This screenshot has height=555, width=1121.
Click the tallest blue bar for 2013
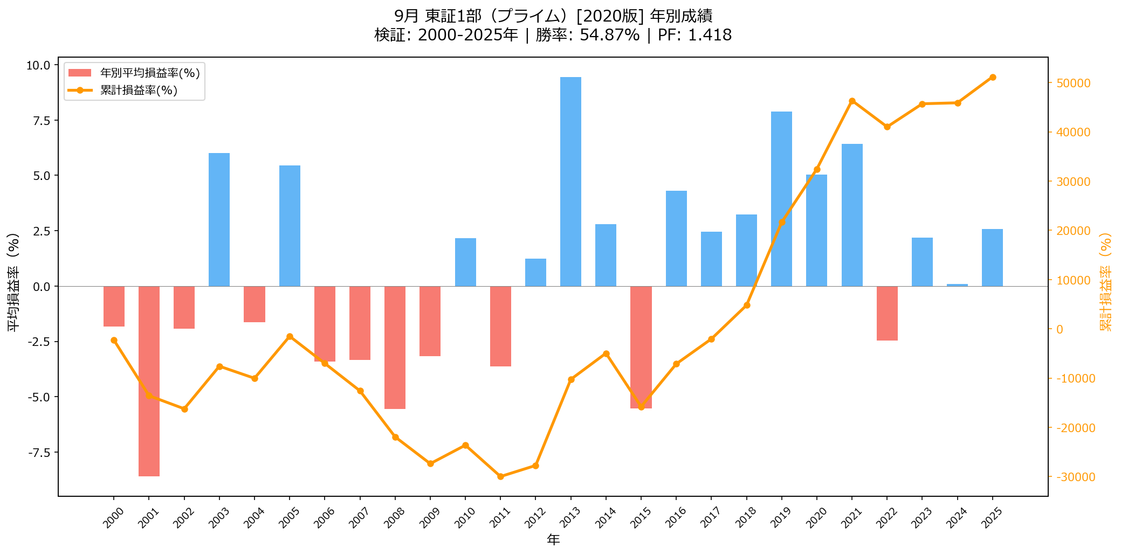point(570,182)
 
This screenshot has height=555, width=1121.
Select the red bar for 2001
point(149,381)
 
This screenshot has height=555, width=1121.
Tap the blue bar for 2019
point(781,199)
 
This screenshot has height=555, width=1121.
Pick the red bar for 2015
point(641,347)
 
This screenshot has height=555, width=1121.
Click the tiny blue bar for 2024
point(957,285)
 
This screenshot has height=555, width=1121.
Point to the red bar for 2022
point(887,313)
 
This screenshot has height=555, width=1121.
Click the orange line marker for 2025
point(993,78)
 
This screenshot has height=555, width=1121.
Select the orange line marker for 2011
point(500,476)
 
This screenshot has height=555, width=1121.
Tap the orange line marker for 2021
point(852,101)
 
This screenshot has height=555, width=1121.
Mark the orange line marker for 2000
point(114,341)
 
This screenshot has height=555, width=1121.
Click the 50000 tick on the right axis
point(1072,84)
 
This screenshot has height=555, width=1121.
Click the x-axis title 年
point(553,539)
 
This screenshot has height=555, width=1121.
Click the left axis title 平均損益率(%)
point(13,281)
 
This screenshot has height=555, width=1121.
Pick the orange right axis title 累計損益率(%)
point(1105,281)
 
